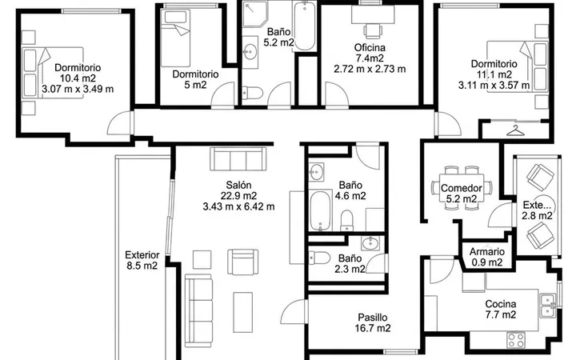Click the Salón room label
(238, 185)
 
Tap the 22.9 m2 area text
(238, 195)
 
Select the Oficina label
(370, 47)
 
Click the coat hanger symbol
(515, 130)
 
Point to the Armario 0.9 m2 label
(487, 257)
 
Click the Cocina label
(501, 304)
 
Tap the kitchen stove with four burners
(516, 339)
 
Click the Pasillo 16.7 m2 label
(373, 322)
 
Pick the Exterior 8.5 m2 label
(142, 260)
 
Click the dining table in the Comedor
(462, 188)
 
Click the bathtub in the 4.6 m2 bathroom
(320, 210)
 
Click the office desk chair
(374, 30)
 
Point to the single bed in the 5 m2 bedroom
(175, 38)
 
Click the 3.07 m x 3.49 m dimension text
(78, 89)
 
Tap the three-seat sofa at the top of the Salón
(238, 158)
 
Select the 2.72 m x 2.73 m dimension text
(370, 69)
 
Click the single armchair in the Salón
(242, 262)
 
